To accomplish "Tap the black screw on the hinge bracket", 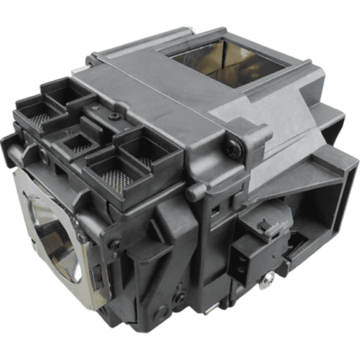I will tap(232, 147).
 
